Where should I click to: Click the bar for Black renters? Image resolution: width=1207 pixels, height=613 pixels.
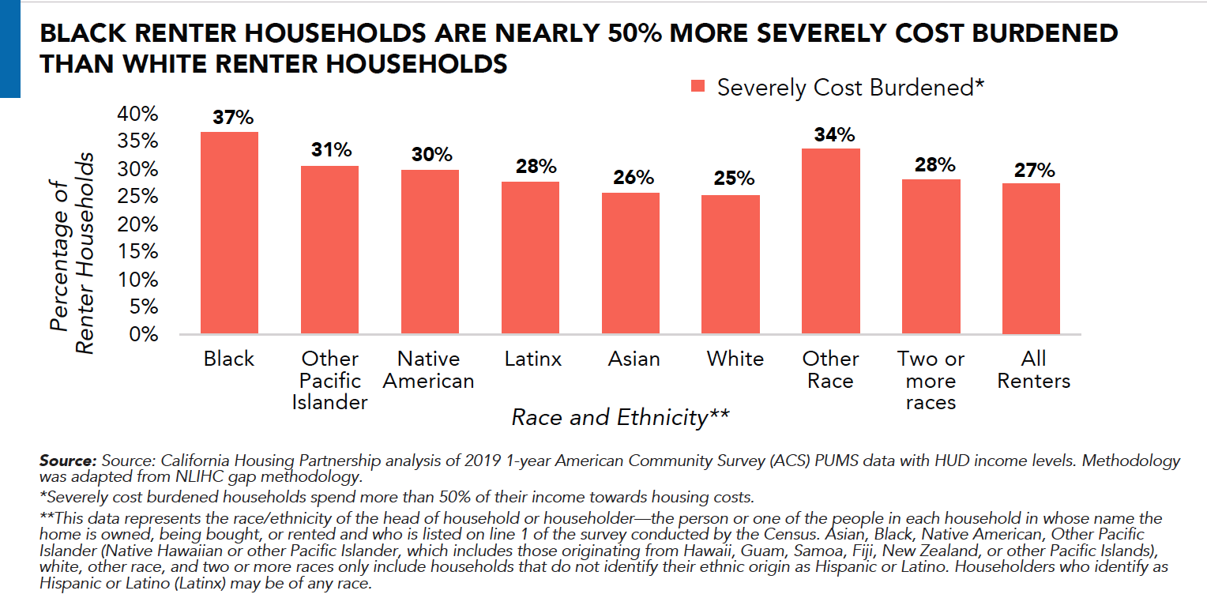pyautogui.click(x=229, y=233)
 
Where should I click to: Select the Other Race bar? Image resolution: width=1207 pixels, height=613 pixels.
pyautogui.click(x=830, y=241)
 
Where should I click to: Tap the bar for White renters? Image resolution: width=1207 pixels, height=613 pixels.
pyautogui.click(x=731, y=265)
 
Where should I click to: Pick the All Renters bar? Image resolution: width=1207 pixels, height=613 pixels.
pyautogui.click(x=1032, y=258)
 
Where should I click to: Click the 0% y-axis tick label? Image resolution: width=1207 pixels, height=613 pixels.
pyautogui.click(x=143, y=334)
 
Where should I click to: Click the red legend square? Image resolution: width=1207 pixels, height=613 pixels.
pyautogui.click(x=698, y=88)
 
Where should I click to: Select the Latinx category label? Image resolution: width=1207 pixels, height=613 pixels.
pyautogui.click(x=533, y=359)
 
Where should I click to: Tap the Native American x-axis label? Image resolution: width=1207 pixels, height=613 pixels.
pyautogui.click(x=429, y=370)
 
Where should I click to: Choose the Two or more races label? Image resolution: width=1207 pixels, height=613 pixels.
pyautogui.click(x=931, y=381)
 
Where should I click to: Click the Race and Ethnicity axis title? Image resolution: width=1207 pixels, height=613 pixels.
pyautogui.click(x=620, y=417)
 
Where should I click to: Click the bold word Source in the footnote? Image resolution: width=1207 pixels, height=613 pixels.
pyautogui.click(x=68, y=461)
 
